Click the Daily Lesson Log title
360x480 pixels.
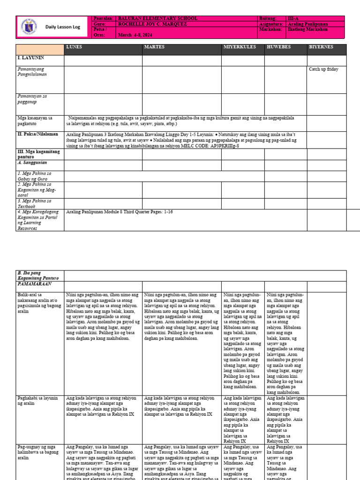pyautogui.click(x=63, y=27)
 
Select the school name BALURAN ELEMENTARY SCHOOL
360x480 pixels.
pyautogui.click(x=158, y=18)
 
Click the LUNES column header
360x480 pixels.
pyautogui.click(x=74, y=47)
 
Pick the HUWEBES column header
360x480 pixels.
pyautogui.click(x=279, y=47)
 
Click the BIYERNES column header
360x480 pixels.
pyautogui.click(x=321, y=47)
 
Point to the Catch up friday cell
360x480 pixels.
pyautogui.click(x=323, y=69)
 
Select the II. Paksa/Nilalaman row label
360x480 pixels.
pyautogui.click(x=37, y=134)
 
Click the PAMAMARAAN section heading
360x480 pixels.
pyautogui.click(x=35, y=284)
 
